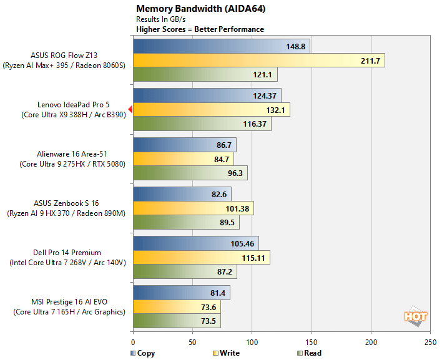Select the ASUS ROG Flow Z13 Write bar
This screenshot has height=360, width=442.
point(258,61)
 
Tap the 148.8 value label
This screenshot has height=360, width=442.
point(296,46)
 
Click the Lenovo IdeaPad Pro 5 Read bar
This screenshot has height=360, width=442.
point(202,124)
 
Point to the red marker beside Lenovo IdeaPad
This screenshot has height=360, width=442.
point(130,109)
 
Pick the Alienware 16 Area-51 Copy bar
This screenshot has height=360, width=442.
point(184,145)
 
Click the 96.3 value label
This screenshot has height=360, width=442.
point(235,173)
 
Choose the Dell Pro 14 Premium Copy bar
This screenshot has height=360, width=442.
point(195,243)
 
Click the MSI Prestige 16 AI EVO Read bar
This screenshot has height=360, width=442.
point(177,321)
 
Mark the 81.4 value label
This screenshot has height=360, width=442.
point(217,292)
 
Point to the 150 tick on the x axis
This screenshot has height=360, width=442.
point(312,343)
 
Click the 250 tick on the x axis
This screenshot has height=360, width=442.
point(430,343)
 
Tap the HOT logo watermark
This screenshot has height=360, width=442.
point(415,317)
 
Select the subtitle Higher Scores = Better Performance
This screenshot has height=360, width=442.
point(200,29)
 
